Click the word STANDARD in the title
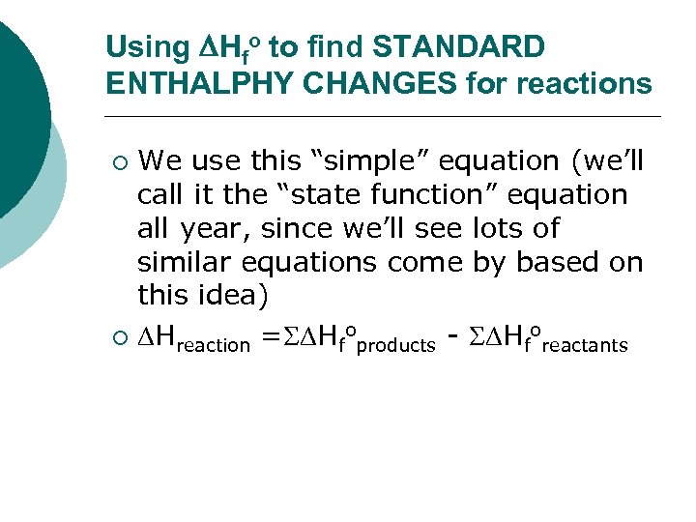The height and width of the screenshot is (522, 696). (459, 46)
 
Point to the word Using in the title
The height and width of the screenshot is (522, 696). (135, 46)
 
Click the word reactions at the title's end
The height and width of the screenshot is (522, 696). (584, 84)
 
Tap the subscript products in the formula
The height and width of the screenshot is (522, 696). (396, 345)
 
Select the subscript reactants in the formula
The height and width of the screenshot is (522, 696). (585, 345)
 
